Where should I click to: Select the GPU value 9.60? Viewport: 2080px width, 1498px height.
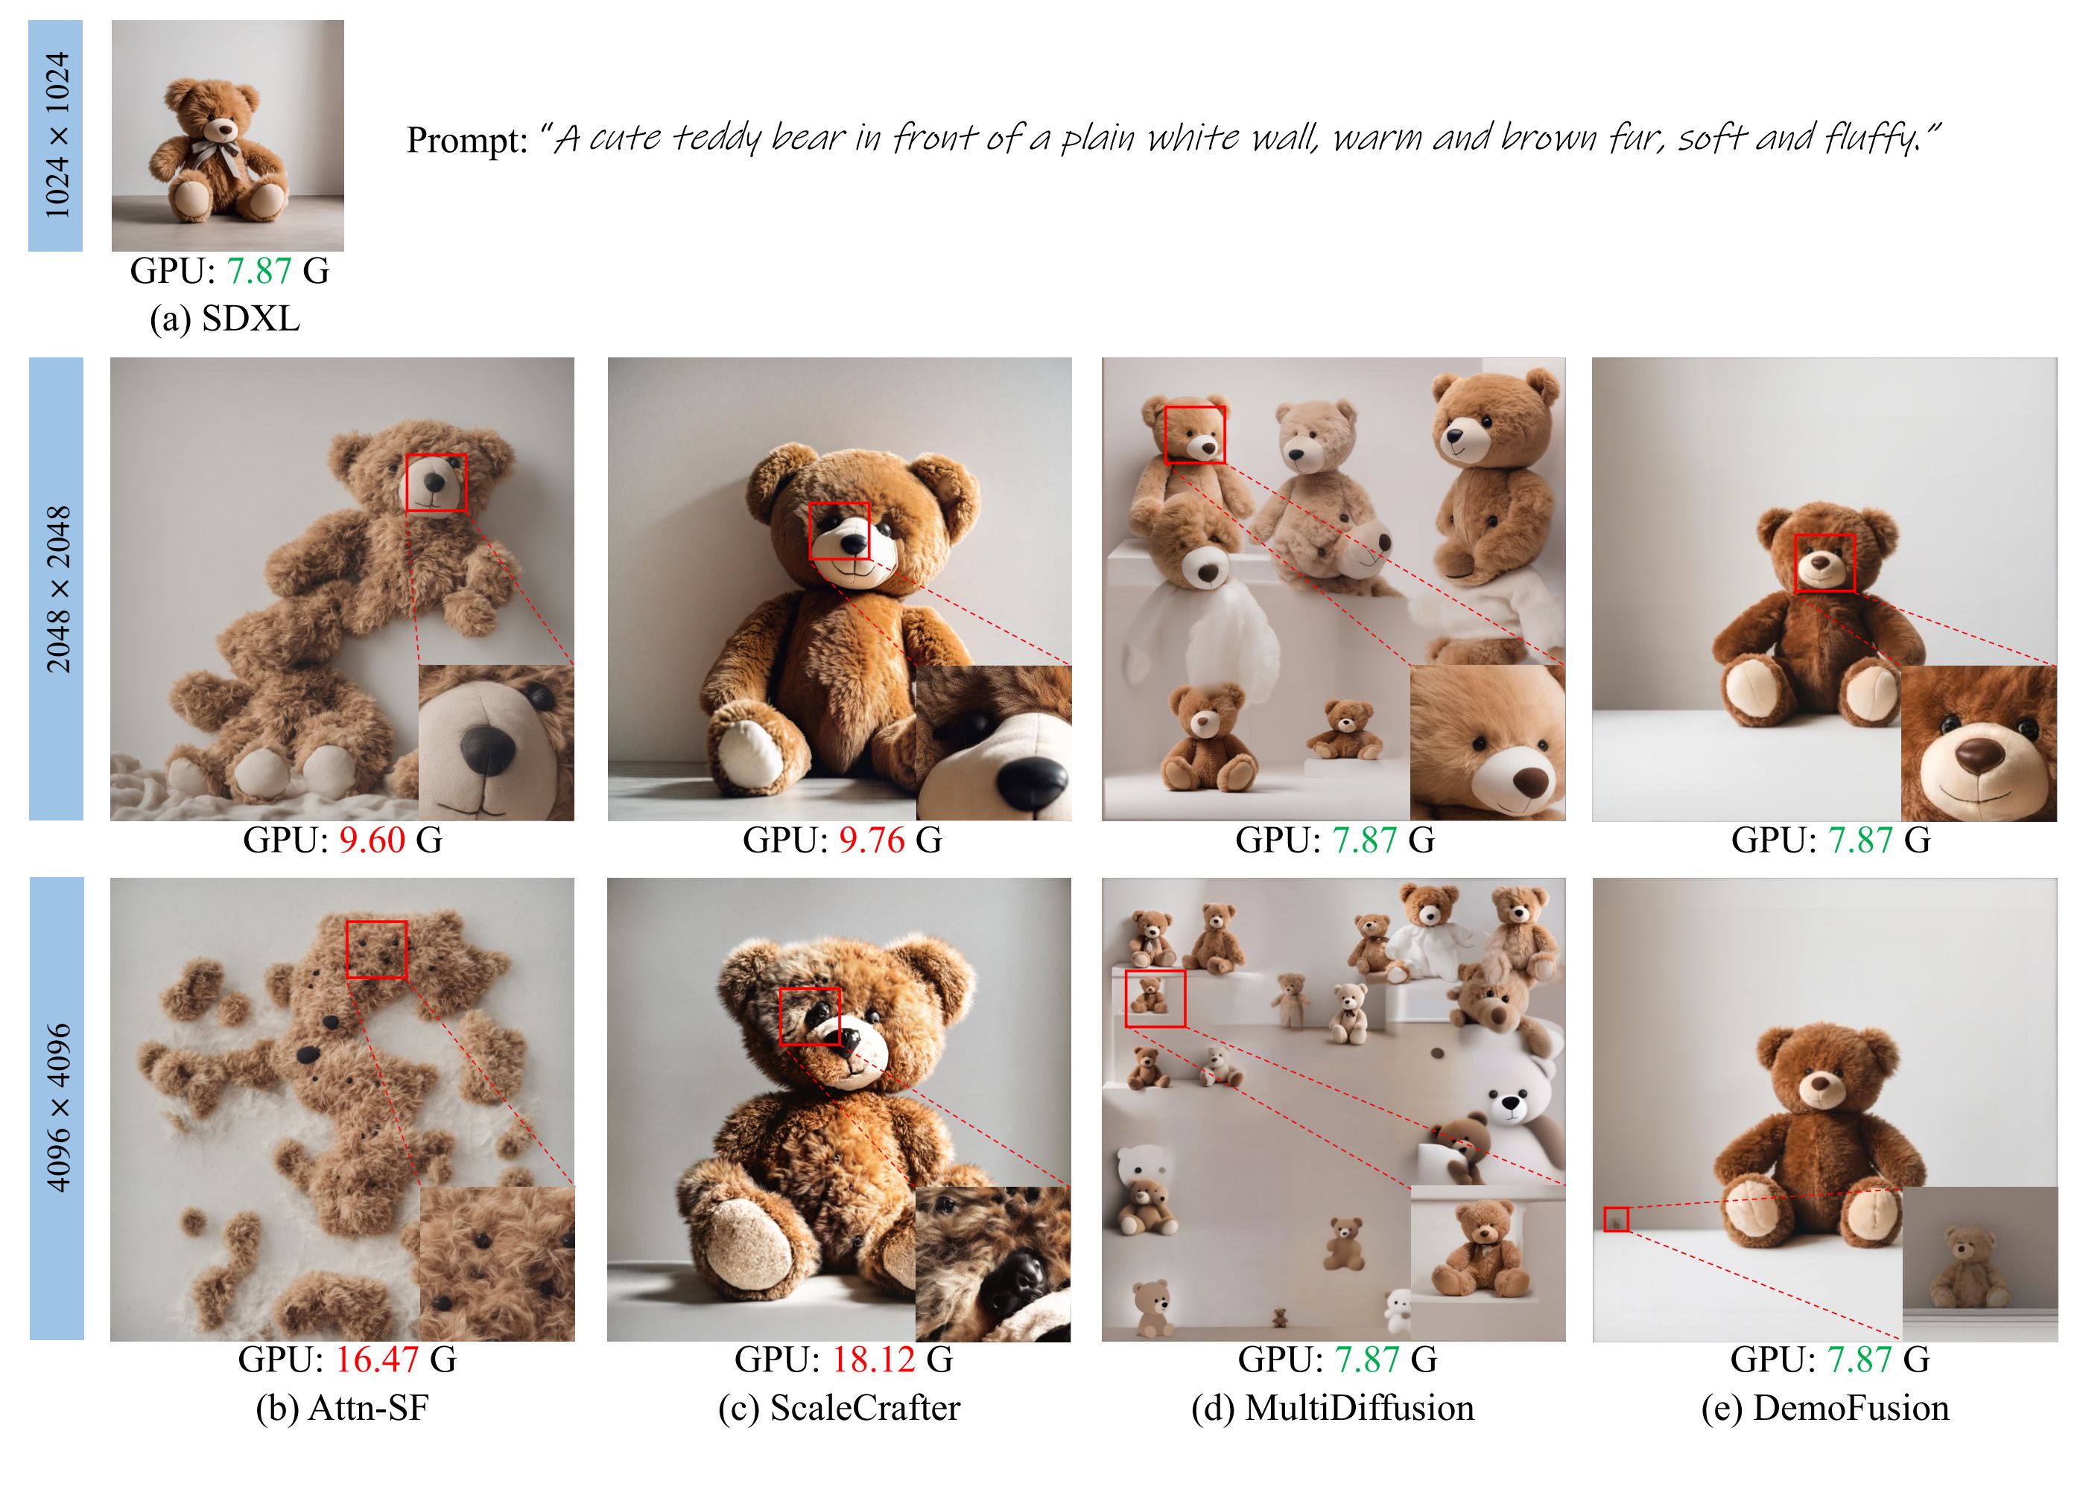coord(372,840)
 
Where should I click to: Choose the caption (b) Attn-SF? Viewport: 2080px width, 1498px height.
coord(342,1408)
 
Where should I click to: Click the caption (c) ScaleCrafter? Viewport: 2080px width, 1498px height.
coord(839,1408)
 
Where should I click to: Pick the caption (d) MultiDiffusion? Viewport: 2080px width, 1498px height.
coord(1333,1408)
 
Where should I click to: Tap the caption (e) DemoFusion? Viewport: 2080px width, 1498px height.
coord(1825,1408)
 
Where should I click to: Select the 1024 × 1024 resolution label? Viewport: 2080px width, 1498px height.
coord(57,135)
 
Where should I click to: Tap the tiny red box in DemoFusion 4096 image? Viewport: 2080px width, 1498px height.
coord(1616,1220)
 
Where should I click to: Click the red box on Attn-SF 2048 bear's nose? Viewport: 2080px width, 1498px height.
coord(436,483)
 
